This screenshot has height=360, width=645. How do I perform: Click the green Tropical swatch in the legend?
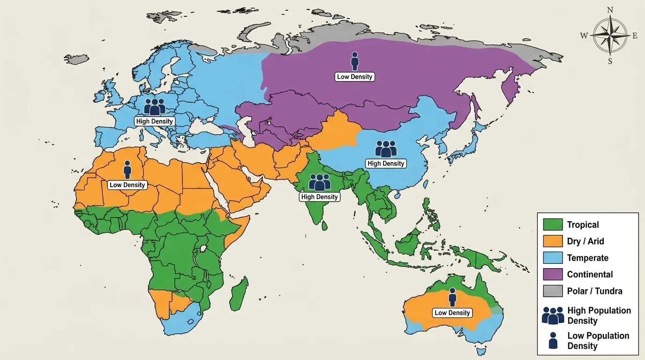pos(553,225)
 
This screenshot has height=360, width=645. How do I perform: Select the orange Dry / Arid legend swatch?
pos(553,241)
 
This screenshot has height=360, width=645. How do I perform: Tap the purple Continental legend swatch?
pos(553,274)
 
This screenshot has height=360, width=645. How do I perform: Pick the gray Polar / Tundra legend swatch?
pos(553,291)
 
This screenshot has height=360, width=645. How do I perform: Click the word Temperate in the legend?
pos(587,258)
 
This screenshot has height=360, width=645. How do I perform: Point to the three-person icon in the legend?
pos(553,315)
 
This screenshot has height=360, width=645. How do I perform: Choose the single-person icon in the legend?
pos(553,340)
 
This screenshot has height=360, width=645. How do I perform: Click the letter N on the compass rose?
pos(610,10)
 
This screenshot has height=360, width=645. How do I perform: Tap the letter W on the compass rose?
pos(584,36)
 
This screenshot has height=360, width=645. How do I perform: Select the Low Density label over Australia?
pos(452,313)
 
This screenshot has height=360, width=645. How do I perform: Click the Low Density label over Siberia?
pos(355,76)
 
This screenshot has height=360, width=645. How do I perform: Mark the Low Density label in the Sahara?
pos(127,185)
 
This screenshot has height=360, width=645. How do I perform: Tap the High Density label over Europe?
pos(155,121)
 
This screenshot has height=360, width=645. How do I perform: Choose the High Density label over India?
pos(319,197)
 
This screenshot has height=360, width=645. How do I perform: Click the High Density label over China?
pos(386,163)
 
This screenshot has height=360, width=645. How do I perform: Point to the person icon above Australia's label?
pos(452,297)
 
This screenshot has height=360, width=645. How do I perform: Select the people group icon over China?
pos(386,149)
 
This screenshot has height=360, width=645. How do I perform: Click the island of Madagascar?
pos(239,293)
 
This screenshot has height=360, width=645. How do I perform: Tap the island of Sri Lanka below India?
pos(324,225)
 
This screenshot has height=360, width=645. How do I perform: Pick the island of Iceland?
pos(76,59)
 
